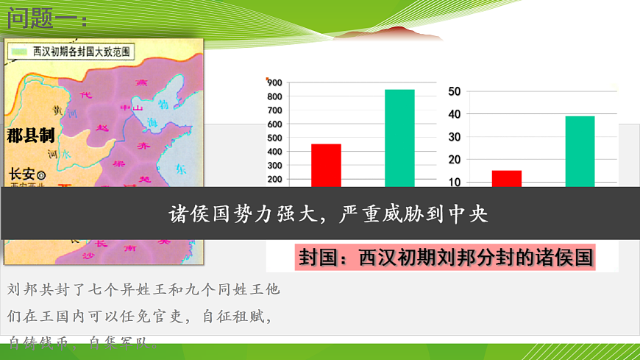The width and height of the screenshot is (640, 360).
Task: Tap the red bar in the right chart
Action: click(506, 178)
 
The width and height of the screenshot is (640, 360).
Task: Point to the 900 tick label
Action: click(274, 82)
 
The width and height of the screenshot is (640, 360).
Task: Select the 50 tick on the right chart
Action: click(454, 91)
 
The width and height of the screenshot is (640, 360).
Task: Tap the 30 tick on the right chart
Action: click(454, 137)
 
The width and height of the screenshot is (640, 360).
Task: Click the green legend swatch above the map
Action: click(18, 52)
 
